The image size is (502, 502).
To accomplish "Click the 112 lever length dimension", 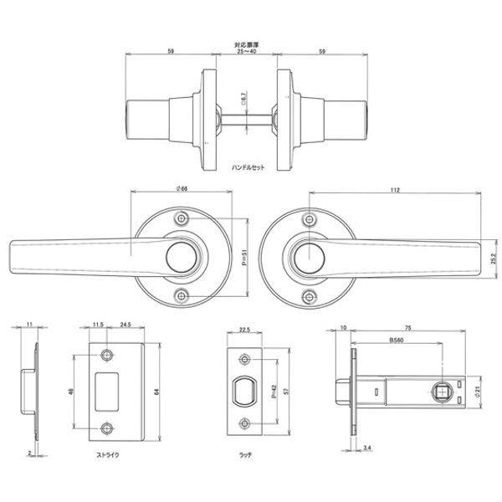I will point(394,191).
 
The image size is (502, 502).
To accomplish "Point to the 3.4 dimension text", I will point(369,448).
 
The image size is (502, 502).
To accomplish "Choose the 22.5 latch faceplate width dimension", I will point(246,330).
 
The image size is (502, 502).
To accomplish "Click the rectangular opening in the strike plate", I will point(108,390).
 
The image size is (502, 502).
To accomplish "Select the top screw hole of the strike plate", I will point(107,355).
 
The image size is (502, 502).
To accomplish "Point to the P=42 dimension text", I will point(276,391).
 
